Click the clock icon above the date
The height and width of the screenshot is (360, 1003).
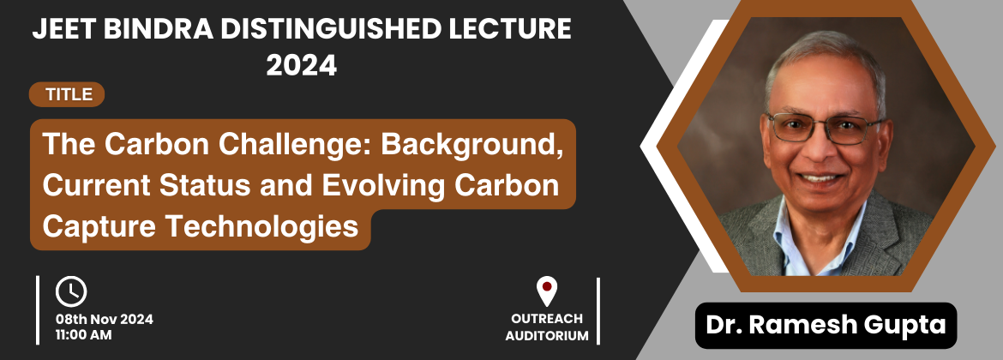point(71,291)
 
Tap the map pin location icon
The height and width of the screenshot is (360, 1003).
point(546,291)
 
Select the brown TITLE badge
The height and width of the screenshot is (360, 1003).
point(67,94)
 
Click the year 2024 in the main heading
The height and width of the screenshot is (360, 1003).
point(301,65)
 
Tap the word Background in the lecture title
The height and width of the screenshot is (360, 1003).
point(472,145)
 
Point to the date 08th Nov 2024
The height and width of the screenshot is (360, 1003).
point(105,320)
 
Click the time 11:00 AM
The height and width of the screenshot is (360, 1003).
point(84,334)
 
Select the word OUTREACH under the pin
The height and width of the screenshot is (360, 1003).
point(547,319)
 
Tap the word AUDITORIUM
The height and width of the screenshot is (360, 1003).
point(547,335)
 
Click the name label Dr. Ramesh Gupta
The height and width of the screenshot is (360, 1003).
point(826,325)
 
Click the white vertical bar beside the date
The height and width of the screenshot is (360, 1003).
point(38,310)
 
